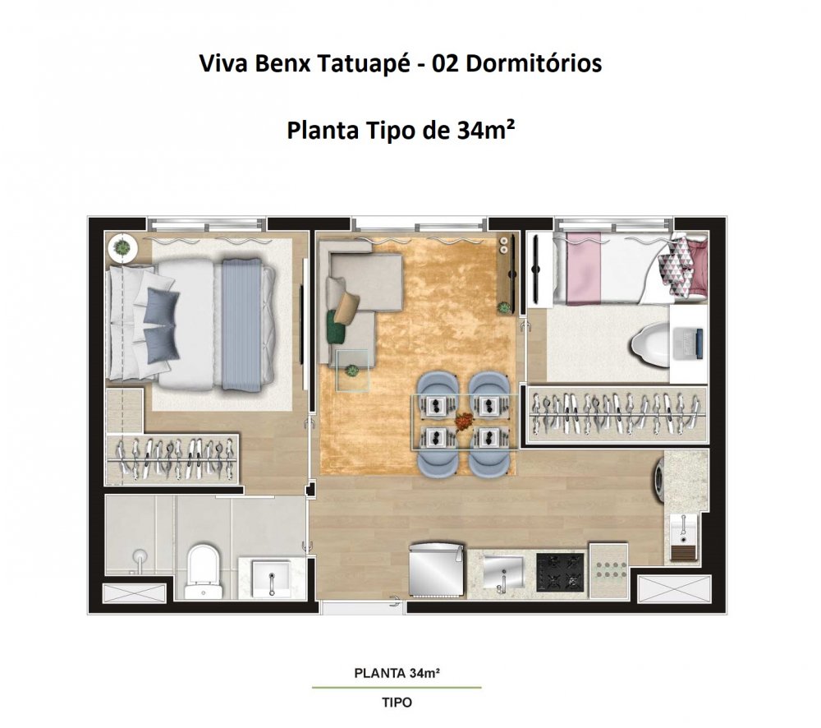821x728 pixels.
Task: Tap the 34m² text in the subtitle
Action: point(485,130)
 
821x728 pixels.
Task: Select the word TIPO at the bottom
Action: point(397,703)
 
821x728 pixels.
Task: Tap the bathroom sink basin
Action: point(271,578)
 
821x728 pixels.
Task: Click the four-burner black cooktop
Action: point(560,573)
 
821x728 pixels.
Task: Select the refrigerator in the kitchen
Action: point(436,570)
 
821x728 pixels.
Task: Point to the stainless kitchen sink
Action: point(502,573)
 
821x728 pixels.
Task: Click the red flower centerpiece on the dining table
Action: point(463,421)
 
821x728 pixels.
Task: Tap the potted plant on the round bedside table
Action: point(122,246)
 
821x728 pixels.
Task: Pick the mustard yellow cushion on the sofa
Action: point(346,307)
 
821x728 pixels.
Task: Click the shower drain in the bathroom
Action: point(140,556)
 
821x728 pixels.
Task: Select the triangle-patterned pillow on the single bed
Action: point(676,269)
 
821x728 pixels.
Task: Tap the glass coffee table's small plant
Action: point(352,371)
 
